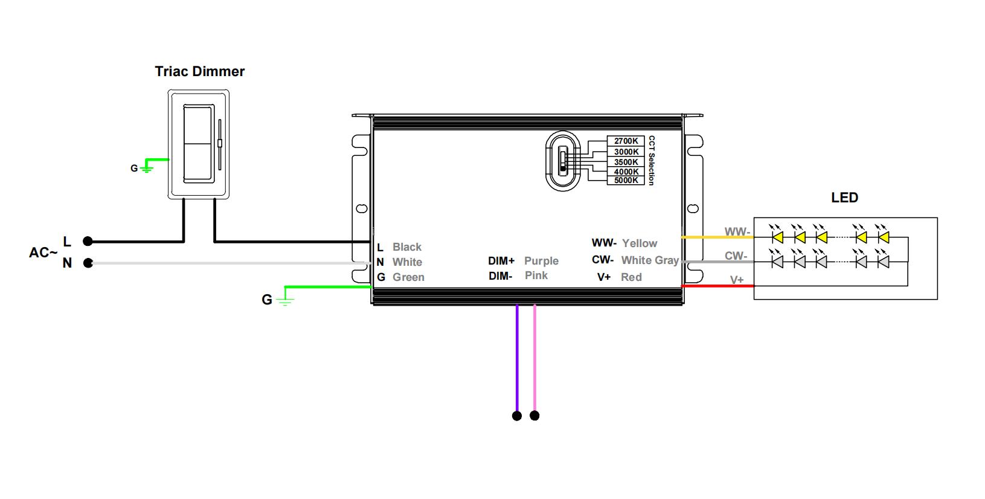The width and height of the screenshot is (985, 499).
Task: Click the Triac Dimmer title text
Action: [200, 71]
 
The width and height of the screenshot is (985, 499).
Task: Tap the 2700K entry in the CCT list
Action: [626, 141]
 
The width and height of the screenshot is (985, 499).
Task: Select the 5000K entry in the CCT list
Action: [626, 180]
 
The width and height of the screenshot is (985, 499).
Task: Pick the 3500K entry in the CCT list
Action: [626, 162]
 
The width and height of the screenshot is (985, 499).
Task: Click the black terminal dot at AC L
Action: [88, 241]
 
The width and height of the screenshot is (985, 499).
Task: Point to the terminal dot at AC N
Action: [88, 263]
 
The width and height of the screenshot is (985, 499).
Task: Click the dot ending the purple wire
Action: [517, 416]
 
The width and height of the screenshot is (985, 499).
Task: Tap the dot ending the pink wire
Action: [534, 416]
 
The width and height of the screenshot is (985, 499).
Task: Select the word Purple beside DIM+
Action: [541, 261]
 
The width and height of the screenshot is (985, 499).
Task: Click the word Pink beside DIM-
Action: [536, 275]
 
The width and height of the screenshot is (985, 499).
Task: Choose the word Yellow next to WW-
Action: [640, 243]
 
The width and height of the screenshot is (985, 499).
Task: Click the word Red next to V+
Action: [631, 277]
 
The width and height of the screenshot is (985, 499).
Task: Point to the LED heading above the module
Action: [844, 198]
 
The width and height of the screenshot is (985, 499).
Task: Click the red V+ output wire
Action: [717, 286]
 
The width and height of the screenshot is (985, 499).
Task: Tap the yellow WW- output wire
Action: [717, 237]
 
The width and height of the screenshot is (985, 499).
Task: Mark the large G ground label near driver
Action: [266, 300]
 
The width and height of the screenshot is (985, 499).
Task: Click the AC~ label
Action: [43, 253]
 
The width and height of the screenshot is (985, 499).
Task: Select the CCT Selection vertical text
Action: [652, 160]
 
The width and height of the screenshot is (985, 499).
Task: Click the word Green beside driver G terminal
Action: [408, 277]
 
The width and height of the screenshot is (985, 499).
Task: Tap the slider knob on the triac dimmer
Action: [219, 143]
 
